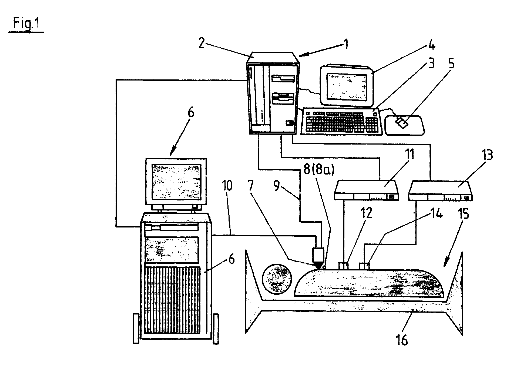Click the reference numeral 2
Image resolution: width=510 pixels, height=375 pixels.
coord(201,43)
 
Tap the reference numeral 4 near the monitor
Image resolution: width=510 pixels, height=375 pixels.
coord(432,45)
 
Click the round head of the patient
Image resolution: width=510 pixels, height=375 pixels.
coord(277,279)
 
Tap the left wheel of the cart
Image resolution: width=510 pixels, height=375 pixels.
coord(136,328)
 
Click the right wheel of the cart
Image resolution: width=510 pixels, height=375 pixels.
coord(216,328)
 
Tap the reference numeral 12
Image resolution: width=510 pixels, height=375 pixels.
coord(367,213)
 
